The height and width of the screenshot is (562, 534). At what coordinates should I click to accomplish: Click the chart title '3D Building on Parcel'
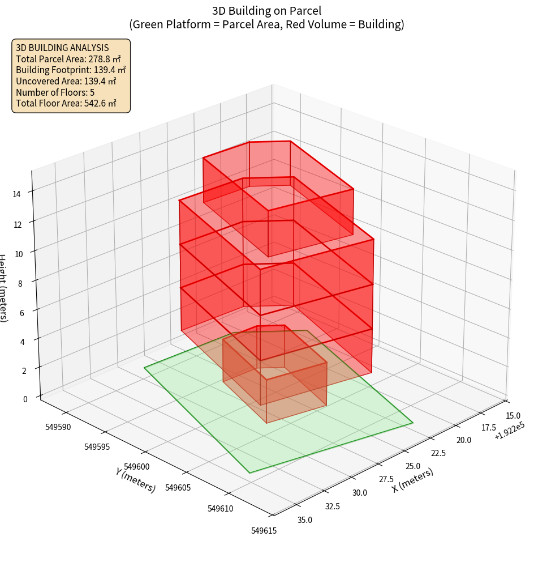point(266,10)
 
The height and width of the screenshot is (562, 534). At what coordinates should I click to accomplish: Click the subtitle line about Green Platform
point(266,24)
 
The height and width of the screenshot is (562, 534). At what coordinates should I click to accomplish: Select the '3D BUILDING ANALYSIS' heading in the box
point(62,48)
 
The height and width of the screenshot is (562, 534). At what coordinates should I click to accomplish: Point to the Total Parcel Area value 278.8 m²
point(105,59)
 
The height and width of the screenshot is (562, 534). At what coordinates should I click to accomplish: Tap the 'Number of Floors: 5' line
point(55,92)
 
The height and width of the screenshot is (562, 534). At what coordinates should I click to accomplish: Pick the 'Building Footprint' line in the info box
point(71,70)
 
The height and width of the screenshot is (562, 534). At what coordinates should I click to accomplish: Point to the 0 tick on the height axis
point(25,399)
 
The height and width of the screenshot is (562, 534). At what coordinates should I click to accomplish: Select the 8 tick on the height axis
point(20,283)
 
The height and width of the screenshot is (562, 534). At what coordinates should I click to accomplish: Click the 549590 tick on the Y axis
point(58,426)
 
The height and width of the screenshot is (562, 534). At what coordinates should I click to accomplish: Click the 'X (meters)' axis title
point(412,480)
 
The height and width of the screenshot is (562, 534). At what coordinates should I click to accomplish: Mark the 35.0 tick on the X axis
point(304,520)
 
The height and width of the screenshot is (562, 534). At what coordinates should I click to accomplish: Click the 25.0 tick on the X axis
point(412,466)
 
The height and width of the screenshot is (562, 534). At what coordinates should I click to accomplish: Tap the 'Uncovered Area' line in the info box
point(66,81)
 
